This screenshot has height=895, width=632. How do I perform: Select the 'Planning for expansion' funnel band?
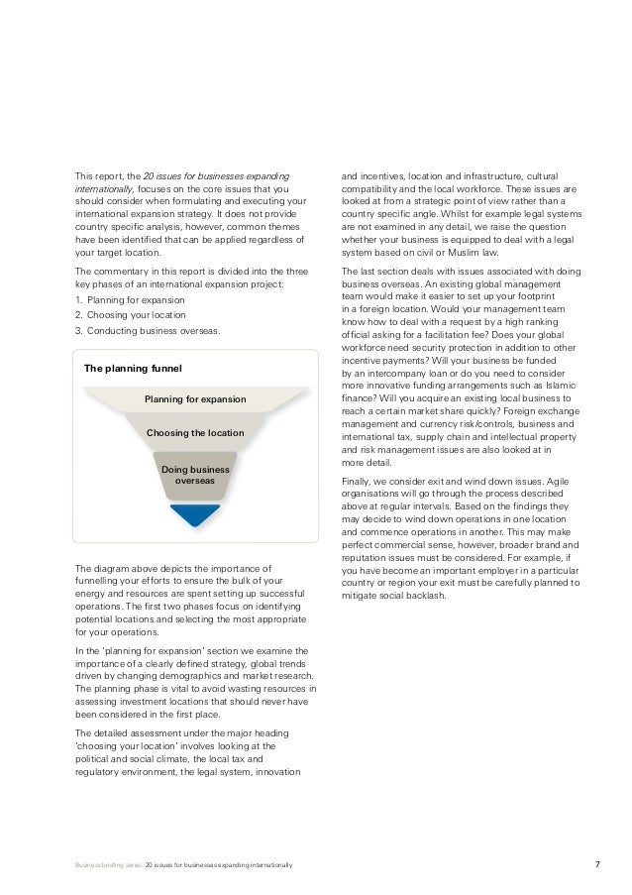(195, 399)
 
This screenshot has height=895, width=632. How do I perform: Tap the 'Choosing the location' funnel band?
(195, 433)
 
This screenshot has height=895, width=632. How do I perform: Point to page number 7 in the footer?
(596, 865)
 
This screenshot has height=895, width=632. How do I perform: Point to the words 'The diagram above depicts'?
(133, 568)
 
